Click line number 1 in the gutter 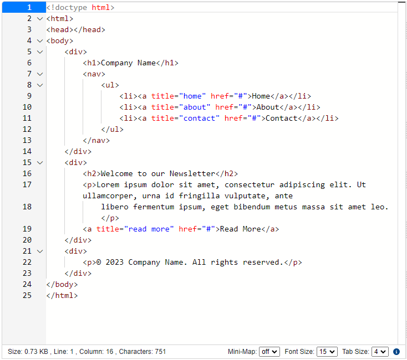tap(29, 7)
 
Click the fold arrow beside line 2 tap(40, 19)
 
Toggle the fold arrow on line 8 tap(40, 85)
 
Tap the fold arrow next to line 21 tap(40, 251)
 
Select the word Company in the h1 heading tap(116, 63)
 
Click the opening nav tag tap(94, 74)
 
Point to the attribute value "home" tap(192, 96)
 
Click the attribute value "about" tap(195, 107)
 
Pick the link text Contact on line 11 tap(281, 119)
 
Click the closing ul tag tap(112, 130)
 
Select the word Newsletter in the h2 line tap(192, 174)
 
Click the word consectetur tap(249, 185)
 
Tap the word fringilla tap(199, 196)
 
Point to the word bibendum tap(252, 207)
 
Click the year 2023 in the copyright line tap(114, 263)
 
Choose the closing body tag tap(62, 284)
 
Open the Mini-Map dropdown tap(269, 352)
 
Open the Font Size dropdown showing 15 tap(327, 352)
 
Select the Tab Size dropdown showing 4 tap(380, 352)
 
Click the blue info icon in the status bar tap(396, 352)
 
